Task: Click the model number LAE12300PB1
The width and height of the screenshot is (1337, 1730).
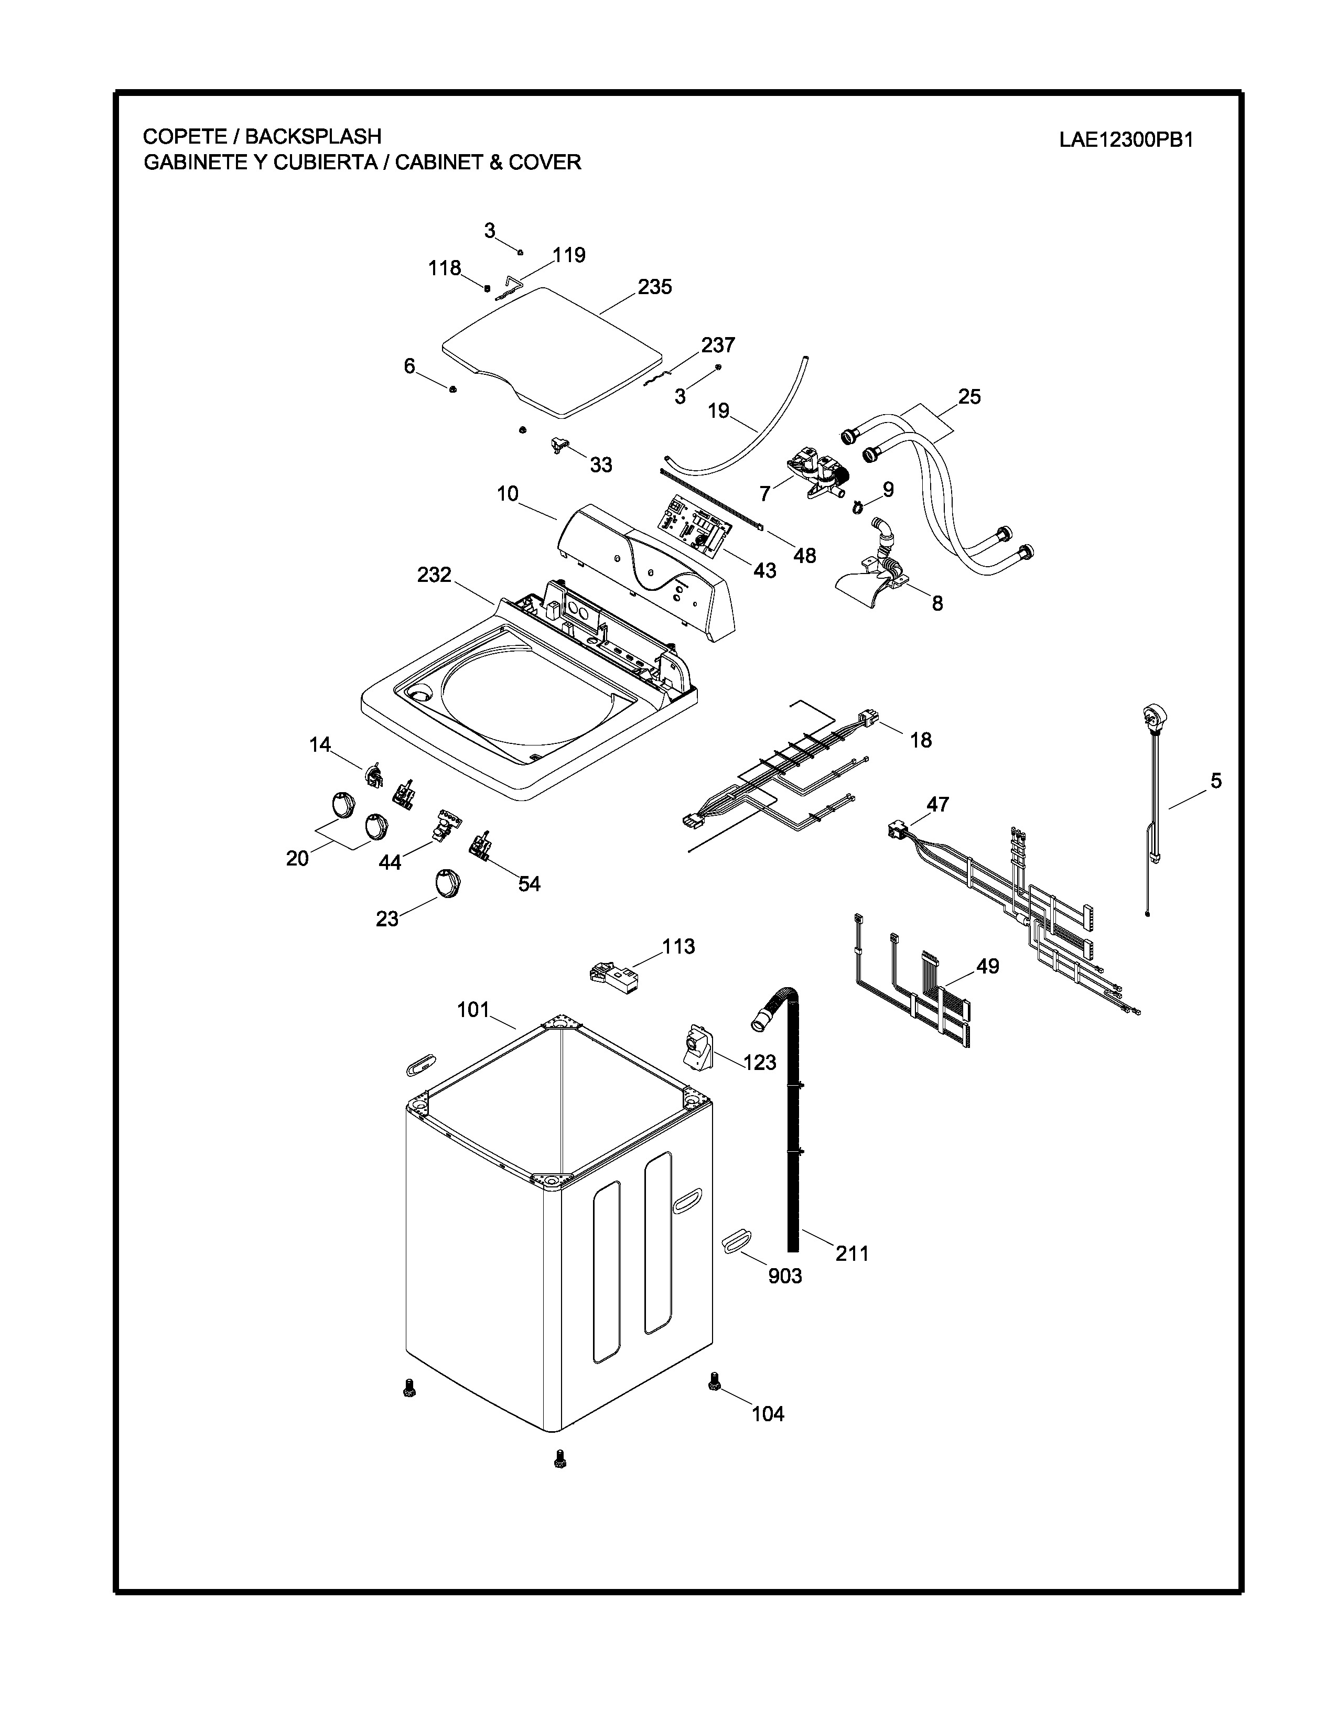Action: [1126, 140]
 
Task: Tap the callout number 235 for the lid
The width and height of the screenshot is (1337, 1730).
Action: [655, 287]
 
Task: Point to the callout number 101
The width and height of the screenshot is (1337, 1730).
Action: [473, 1010]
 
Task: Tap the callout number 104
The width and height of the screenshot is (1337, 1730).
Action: [768, 1413]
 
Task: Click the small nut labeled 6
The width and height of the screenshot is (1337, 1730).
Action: [452, 389]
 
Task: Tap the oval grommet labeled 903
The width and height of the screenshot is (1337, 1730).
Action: [737, 1240]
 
